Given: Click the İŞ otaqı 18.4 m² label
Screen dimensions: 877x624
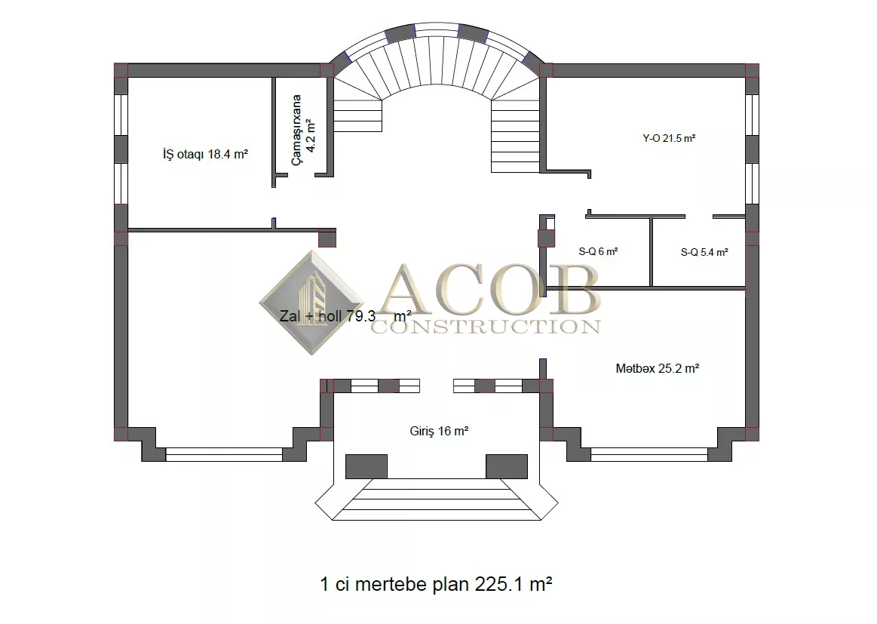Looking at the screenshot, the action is pyautogui.click(x=205, y=154).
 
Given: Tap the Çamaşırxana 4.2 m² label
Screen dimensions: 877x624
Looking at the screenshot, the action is pyautogui.click(x=304, y=130).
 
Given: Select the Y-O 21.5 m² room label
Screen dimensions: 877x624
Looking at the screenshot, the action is pyautogui.click(x=669, y=138).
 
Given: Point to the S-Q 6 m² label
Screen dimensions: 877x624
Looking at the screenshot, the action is pyautogui.click(x=598, y=252).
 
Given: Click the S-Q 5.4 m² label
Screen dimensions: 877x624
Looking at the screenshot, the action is pyautogui.click(x=704, y=253).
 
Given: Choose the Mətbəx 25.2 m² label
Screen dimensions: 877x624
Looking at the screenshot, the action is pyautogui.click(x=658, y=368).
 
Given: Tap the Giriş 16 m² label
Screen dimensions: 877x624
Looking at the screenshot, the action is pyautogui.click(x=439, y=431).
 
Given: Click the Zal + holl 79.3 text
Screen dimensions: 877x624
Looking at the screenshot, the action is pyautogui.click(x=328, y=316).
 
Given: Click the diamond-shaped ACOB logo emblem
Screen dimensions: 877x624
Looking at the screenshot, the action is pyautogui.click(x=312, y=303).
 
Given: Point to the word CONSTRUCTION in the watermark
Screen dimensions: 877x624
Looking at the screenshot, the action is pyautogui.click(x=486, y=326).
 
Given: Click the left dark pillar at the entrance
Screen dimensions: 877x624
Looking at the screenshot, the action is pyautogui.click(x=366, y=467).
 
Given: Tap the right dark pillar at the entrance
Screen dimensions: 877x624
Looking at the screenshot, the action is pyautogui.click(x=507, y=467).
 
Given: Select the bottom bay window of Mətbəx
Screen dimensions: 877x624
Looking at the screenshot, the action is pyautogui.click(x=649, y=454).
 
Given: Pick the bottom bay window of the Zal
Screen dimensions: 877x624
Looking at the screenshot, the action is pyautogui.click(x=224, y=454).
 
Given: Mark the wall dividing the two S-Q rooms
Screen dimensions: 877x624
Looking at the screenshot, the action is pyautogui.click(x=651, y=252).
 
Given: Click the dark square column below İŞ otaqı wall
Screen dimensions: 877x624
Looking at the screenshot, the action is pyautogui.click(x=327, y=239).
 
